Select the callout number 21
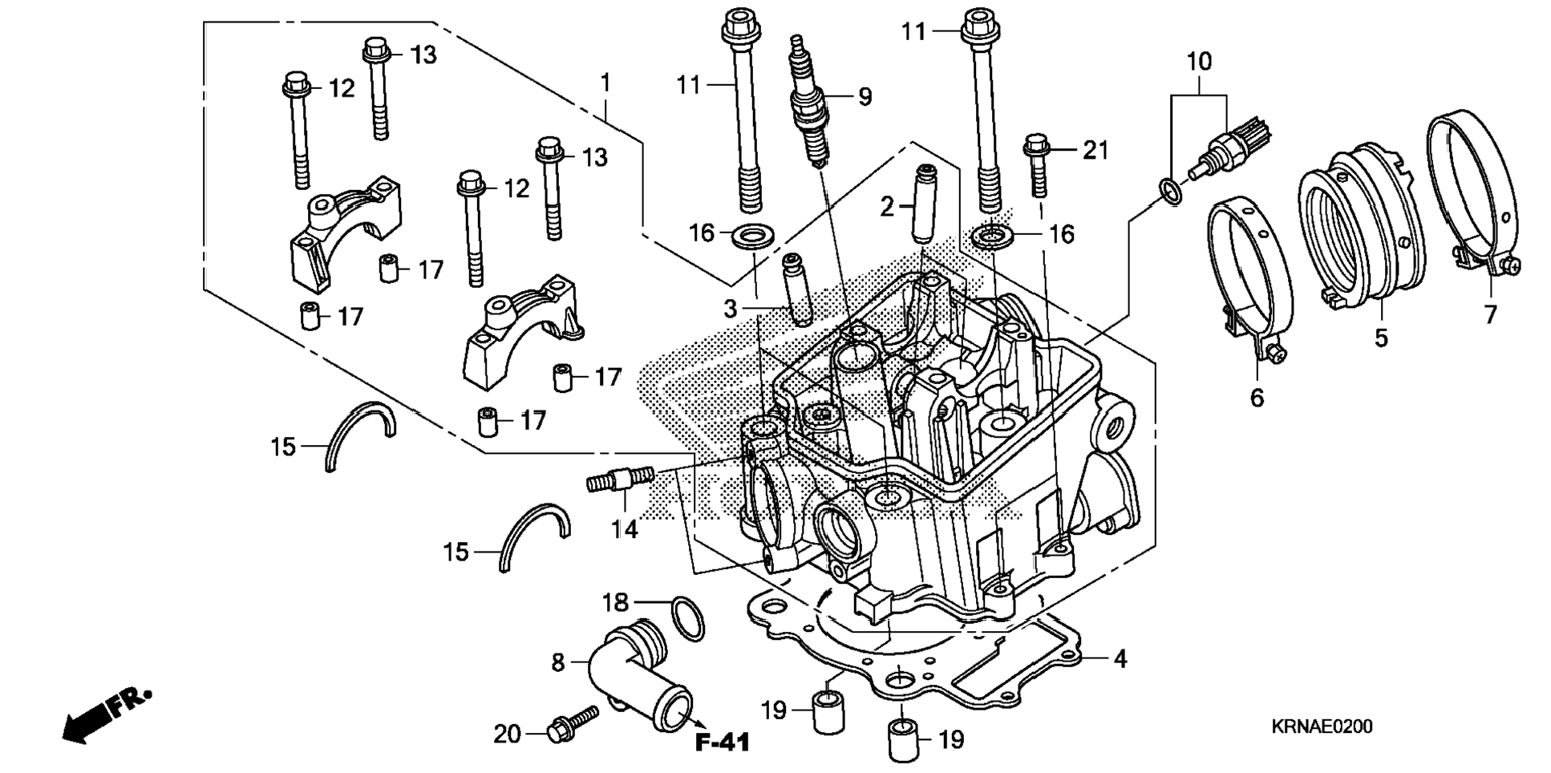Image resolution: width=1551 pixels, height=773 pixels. (1095, 150)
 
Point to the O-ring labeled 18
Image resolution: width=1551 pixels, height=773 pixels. (687, 618)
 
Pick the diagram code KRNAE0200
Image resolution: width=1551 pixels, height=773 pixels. (1321, 726)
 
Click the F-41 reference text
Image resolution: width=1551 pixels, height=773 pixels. (722, 743)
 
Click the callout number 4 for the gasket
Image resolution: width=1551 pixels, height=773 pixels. (1120, 659)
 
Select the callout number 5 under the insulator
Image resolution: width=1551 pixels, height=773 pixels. (1380, 338)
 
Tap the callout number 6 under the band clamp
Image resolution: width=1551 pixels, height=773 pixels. (1257, 397)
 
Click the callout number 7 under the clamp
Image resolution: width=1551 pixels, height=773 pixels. (1490, 314)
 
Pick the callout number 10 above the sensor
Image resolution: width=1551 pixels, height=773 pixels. (1199, 62)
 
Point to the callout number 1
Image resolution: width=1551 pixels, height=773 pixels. (606, 83)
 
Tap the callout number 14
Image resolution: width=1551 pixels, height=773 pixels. (624, 528)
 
